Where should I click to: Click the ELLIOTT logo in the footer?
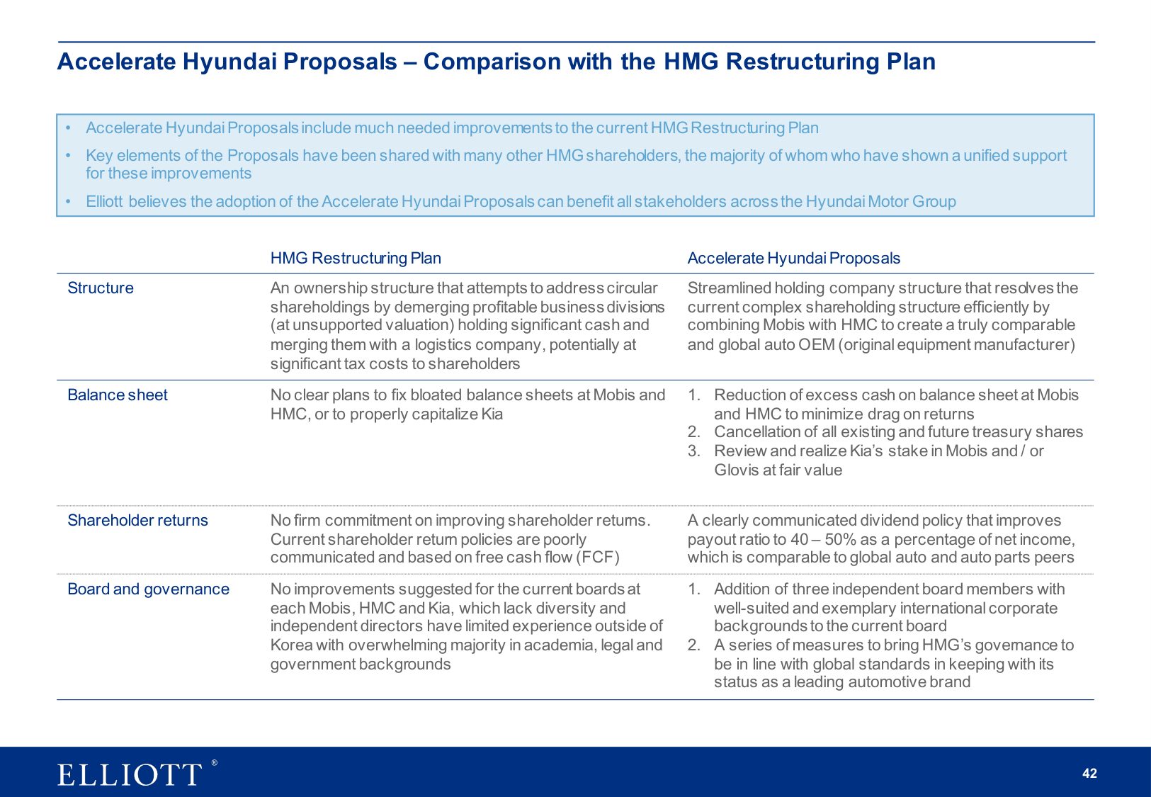(x=130, y=774)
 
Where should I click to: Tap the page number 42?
(x=1089, y=774)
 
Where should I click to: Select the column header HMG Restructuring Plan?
(x=356, y=259)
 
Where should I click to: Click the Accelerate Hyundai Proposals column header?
(x=793, y=259)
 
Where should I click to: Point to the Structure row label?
(x=101, y=288)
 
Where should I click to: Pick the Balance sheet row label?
(x=118, y=395)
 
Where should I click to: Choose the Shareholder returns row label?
(x=137, y=521)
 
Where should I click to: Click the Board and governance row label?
(x=148, y=589)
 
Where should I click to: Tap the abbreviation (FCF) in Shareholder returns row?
(x=598, y=558)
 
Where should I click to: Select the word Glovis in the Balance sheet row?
(x=736, y=470)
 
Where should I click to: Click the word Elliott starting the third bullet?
(x=104, y=202)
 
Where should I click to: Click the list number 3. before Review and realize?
(x=693, y=451)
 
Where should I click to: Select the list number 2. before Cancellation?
(x=693, y=432)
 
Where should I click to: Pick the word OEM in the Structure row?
(x=816, y=345)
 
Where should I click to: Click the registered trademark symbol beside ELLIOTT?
(x=214, y=763)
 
